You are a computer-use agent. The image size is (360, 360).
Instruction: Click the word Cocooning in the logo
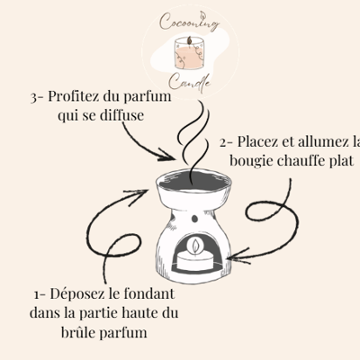click(190, 21)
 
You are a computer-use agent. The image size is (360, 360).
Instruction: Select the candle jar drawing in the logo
click(189, 53)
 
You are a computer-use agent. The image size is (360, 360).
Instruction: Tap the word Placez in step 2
click(257, 142)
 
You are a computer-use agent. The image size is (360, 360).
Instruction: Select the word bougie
click(251, 161)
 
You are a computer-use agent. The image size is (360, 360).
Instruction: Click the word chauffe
click(301, 161)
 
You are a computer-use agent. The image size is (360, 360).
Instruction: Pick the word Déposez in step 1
click(77, 294)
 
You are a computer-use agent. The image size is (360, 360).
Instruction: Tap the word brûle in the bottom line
click(78, 332)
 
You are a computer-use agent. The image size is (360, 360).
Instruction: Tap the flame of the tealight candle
click(195, 245)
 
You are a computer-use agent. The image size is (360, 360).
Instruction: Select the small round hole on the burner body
click(195, 219)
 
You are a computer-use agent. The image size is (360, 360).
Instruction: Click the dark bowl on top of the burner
click(194, 181)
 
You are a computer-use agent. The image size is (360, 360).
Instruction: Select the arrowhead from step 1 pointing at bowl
click(137, 195)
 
